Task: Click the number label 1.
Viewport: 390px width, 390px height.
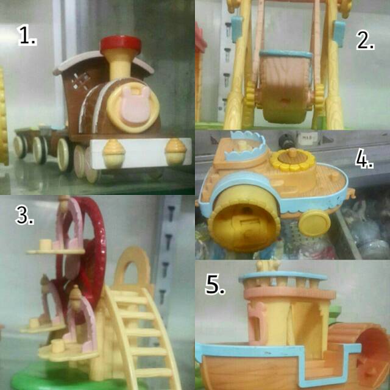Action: tap(27, 36)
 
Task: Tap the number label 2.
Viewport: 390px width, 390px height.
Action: tap(365, 40)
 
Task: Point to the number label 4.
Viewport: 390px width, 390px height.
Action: tap(364, 160)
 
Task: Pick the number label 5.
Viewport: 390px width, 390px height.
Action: tap(214, 285)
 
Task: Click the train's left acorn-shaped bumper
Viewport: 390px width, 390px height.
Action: tap(113, 149)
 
